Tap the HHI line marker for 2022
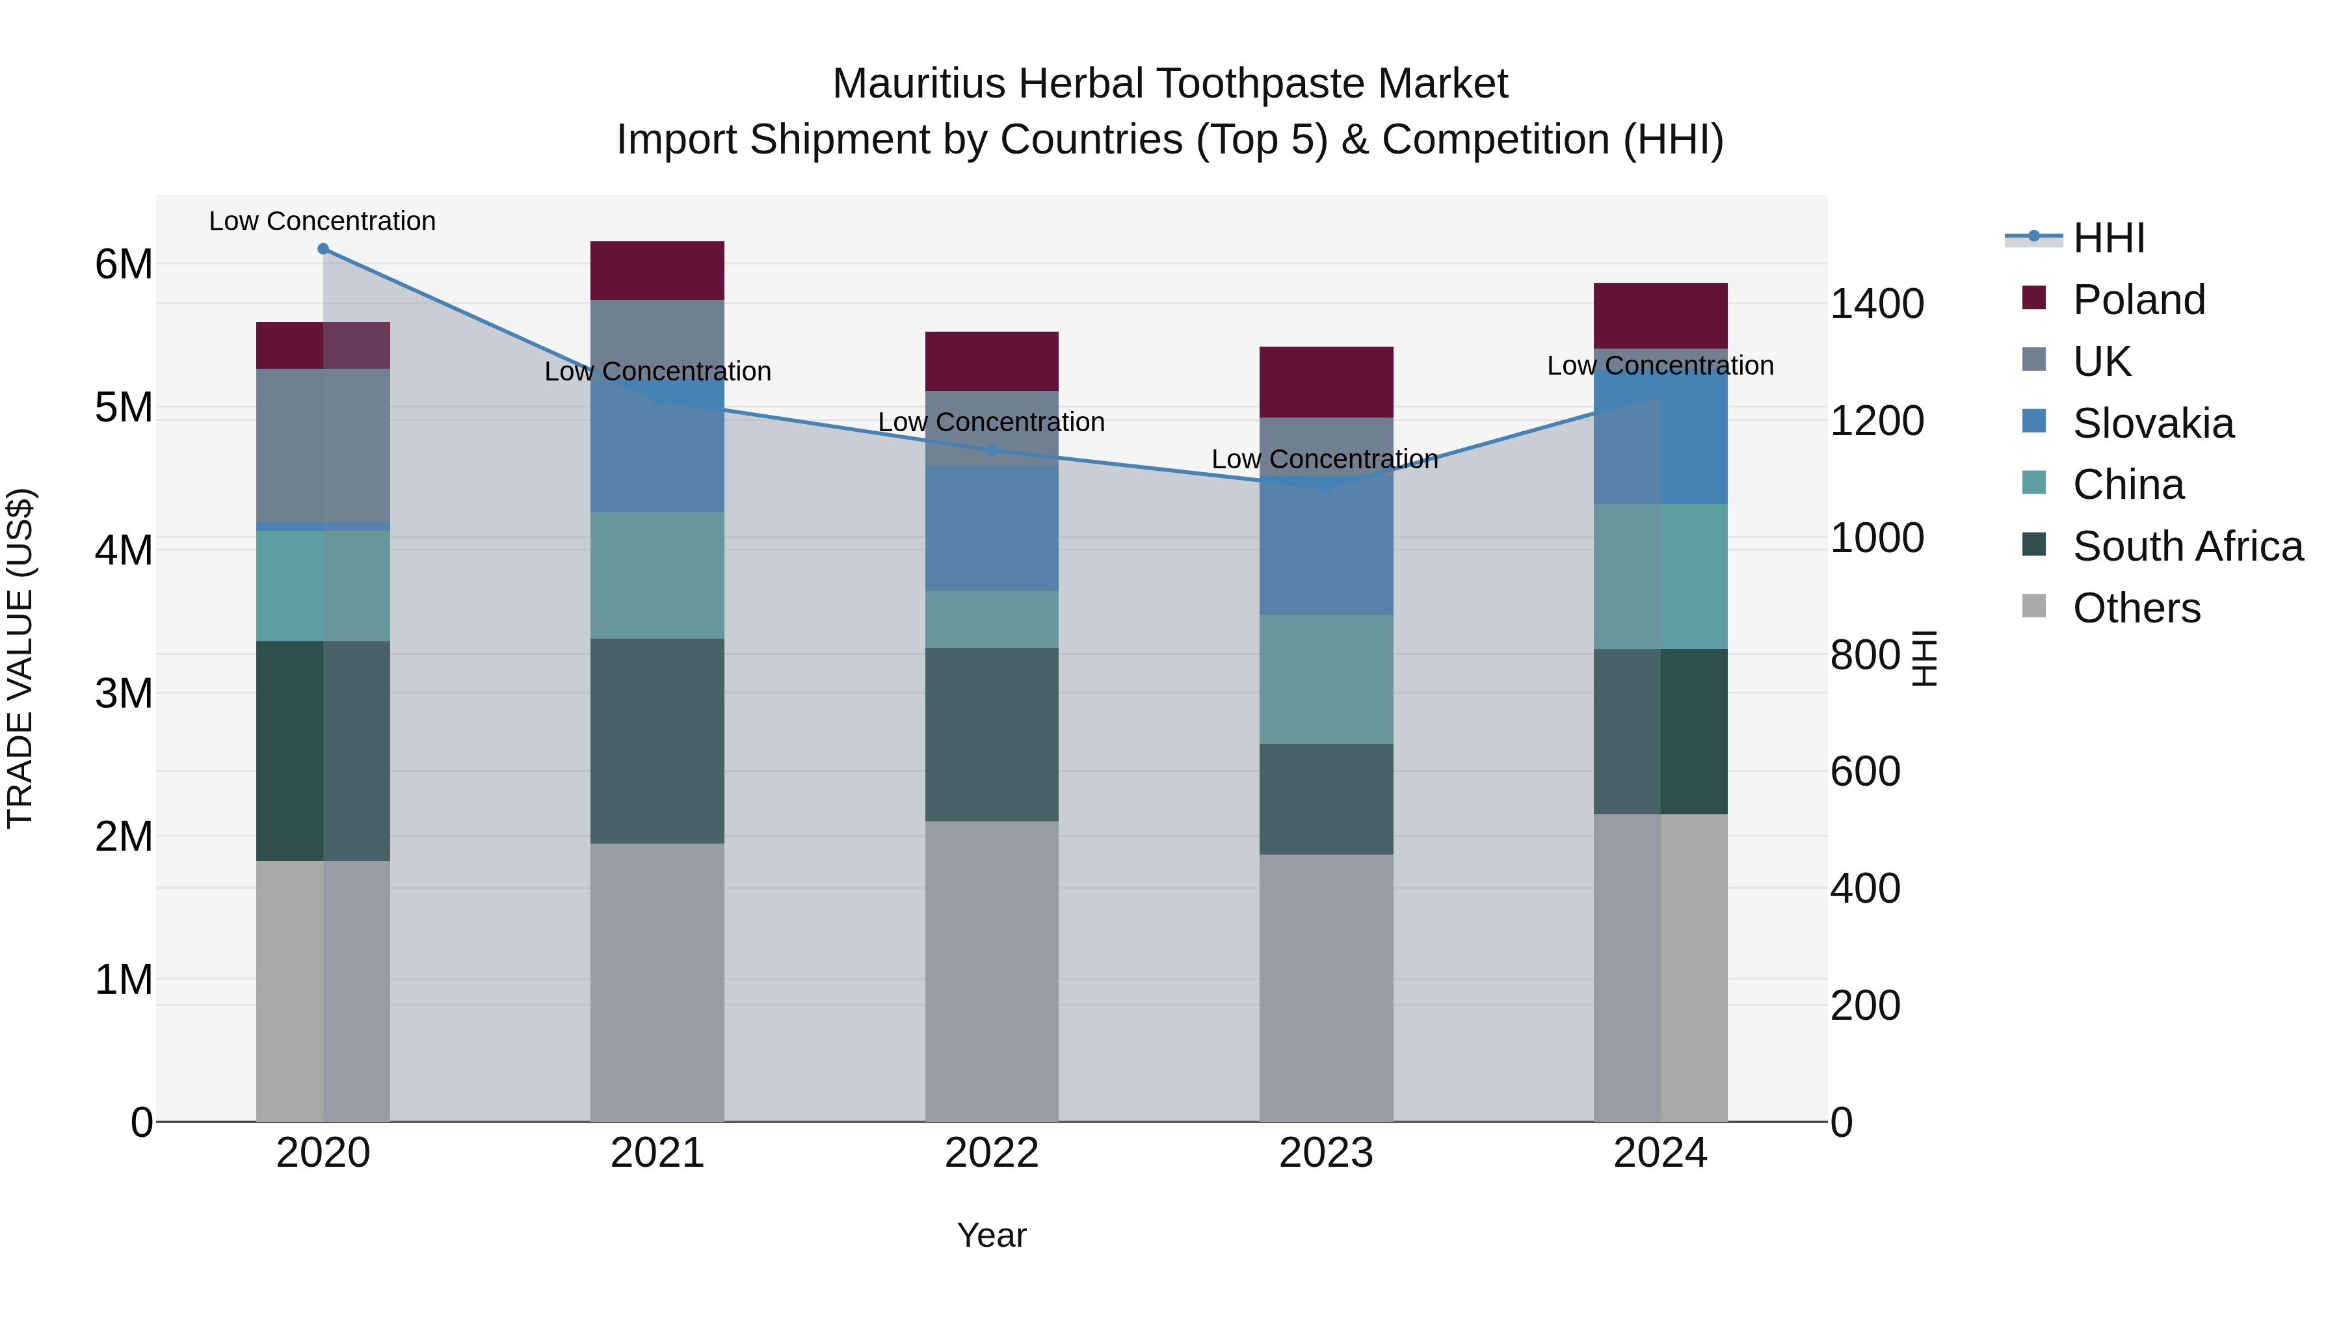point(992,451)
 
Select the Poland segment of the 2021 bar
point(657,271)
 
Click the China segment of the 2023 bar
point(1326,679)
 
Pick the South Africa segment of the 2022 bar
point(992,734)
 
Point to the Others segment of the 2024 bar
point(1660,967)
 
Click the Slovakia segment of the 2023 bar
point(1326,546)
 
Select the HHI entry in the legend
point(2108,238)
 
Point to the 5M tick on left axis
point(124,407)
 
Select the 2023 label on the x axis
point(1326,1153)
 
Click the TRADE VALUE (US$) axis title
point(21,658)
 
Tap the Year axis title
point(992,1235)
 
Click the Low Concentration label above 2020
point(323,221)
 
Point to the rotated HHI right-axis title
point(1925,658)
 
